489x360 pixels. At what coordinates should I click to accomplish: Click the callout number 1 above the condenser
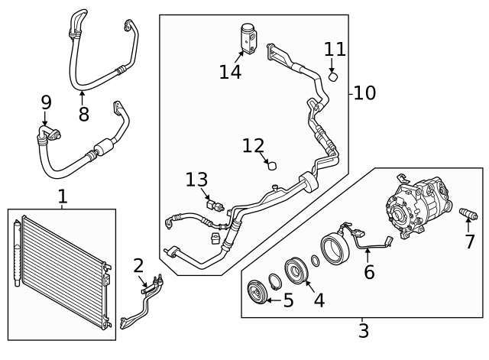63,196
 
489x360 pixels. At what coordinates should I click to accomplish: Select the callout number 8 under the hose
83,114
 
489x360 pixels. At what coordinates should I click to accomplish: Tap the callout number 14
230,72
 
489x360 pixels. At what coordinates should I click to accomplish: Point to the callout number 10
364,93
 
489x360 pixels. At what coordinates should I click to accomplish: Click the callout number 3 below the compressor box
364,331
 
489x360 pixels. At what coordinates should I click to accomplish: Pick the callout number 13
196,180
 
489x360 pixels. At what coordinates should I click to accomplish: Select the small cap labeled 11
333,76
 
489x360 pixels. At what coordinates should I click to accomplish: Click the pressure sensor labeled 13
217,205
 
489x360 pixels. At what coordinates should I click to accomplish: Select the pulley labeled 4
294,271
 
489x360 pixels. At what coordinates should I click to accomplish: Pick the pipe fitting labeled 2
149,286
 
